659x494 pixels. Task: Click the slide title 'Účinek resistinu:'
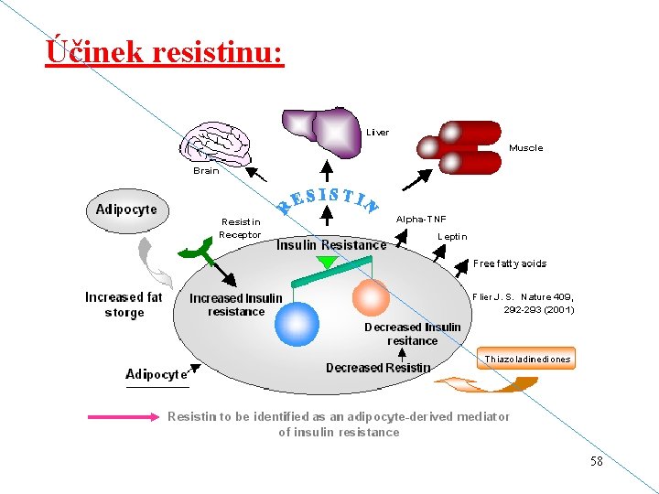[165, 51]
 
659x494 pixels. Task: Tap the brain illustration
[215, 145]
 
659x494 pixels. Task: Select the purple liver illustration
[321, 132]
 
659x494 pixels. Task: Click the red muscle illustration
[459, 147]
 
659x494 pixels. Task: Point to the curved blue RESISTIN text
[328, 200]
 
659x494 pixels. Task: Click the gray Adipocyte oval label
[127, 210]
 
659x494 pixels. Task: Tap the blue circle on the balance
[297, 324]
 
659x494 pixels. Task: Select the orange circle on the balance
[371, 297]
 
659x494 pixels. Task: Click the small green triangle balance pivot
[328, 263]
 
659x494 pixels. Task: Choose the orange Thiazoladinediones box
[526, 359]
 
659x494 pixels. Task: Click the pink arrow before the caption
[124, 417]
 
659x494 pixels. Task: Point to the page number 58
[597, 461]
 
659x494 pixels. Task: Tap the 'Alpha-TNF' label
[421, 219]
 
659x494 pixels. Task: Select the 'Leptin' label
[452, 237]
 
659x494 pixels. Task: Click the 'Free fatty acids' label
[510, 263]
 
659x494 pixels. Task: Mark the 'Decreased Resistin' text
[378, 368]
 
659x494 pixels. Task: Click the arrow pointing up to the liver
[327, 171]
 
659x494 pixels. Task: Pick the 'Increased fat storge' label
[124, 305]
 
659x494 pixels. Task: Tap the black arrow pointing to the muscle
[417, 180]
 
